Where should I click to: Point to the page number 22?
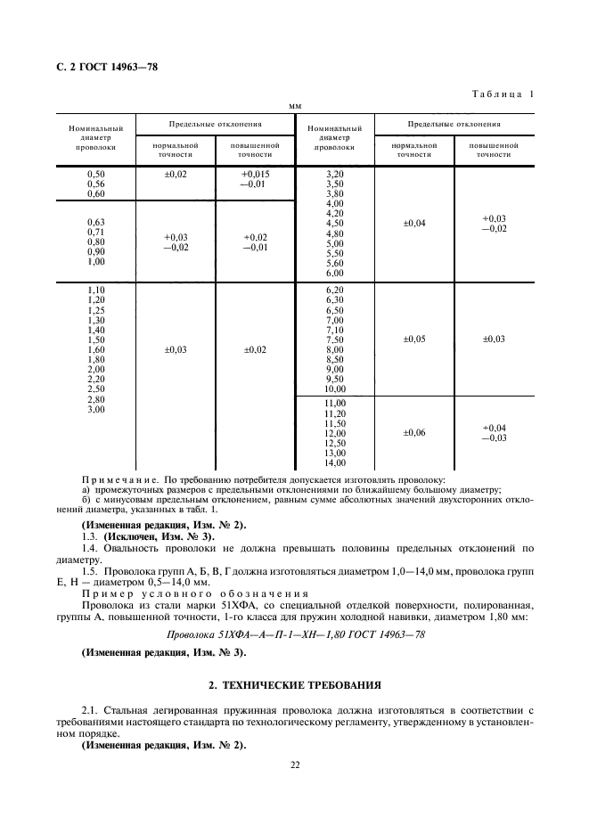coord(294,763)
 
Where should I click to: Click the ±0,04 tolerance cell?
coord(414,223)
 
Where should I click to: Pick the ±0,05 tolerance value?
coord(414,339)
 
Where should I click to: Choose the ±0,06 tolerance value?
coord(414,432)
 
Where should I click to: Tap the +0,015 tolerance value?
coord(255,175)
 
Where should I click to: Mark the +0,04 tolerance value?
coord(494,428)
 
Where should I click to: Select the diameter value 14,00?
coord(335,462)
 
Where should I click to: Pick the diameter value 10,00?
coord(335,388)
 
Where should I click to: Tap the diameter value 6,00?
coord(335,273)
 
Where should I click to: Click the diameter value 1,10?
coord(96,291)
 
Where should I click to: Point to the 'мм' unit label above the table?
coord(294,107)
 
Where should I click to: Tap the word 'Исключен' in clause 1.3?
coord(131,537)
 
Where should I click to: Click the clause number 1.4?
coord(89,550)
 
